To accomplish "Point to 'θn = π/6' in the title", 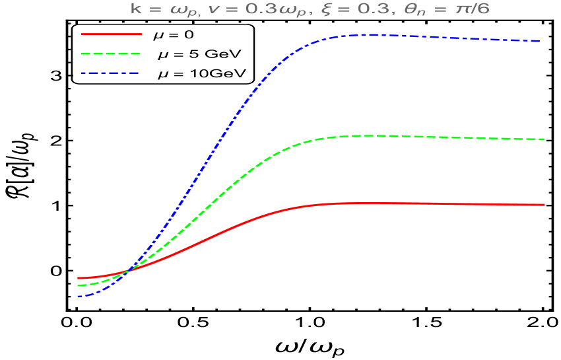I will pyautogui.click(x=446, y=11).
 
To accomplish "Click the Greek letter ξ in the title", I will pyautogui.click(x=335, y=11).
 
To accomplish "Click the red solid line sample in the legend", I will pyautogui.click(x=112, y=33).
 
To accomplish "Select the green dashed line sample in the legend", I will pyautogui.click(x=112, y=53).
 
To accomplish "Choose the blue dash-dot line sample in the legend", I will pyautogui.click(x=110, y=73).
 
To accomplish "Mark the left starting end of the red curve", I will pyautogui.click(x=78, y=278).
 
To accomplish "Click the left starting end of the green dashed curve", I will pyautogui.click(x=78, y=285).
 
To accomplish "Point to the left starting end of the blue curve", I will pyautogui.click(x=78, y=297).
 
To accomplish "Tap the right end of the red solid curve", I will pyautogui.click(x=544, y=205).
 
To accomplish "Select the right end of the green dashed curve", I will pyautogui.click(x=544, y=139).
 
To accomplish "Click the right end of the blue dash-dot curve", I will pyautogui.click(x=541, y=41).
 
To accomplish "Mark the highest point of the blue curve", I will pyautogui.click(x=366, y=34).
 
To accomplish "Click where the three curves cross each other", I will pyautogui.click(x=128, y=270).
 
